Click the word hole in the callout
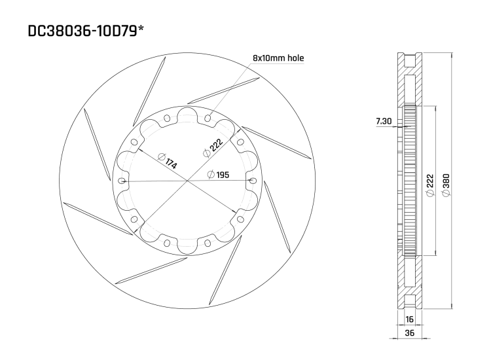pyautogui.click(x=295, y=58)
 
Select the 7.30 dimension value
pyautogui.click(x=385, y=121)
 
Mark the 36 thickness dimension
pyautogui.click(x=410, y=333)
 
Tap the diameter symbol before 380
pyautogui.click(x=446, y=196)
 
